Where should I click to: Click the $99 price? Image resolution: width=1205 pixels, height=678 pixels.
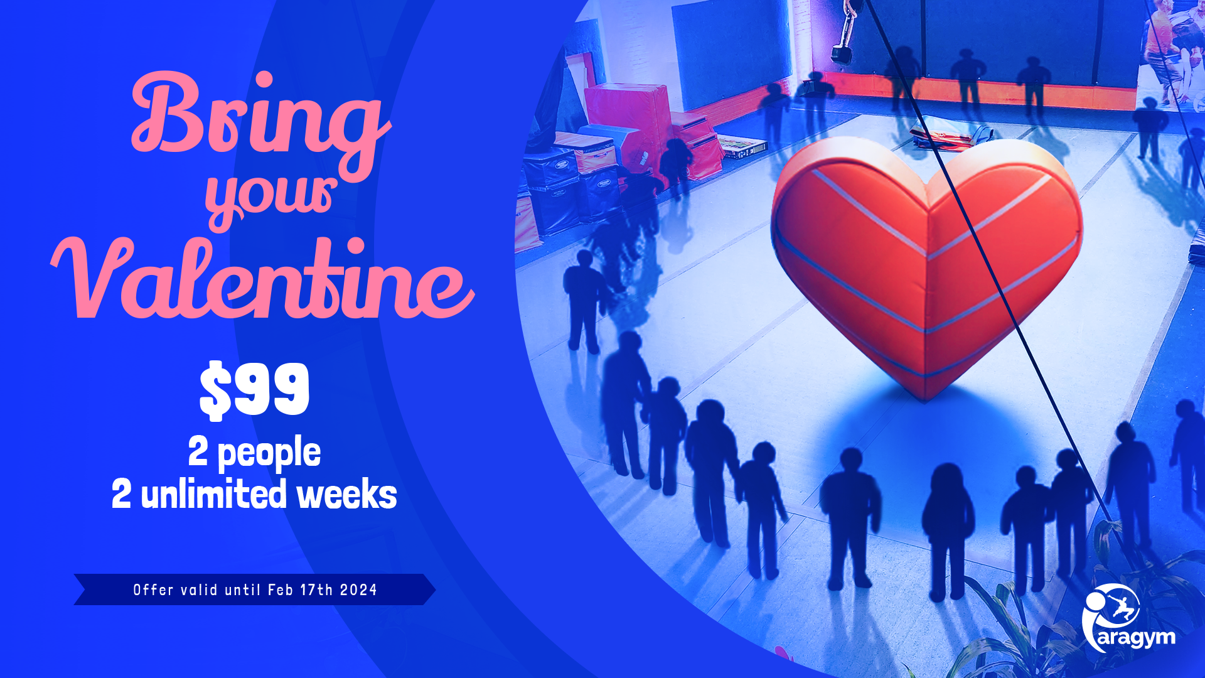pos(254,389)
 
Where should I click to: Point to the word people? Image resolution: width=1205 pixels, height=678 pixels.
pos(269,453)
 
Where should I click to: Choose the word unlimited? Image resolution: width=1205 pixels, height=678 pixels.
pos(214,494)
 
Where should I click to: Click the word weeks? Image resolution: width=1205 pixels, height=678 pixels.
pos(347,495)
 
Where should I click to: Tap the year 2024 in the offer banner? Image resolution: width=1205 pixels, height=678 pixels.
pos(358,590)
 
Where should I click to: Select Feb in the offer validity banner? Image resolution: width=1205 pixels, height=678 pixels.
pos(281,590)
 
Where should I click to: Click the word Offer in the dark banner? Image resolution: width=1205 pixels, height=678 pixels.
pos(153,590)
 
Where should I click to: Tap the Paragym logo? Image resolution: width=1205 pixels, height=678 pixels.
pos(1128,619)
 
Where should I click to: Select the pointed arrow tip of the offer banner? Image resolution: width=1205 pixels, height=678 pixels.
pos(435,589)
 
